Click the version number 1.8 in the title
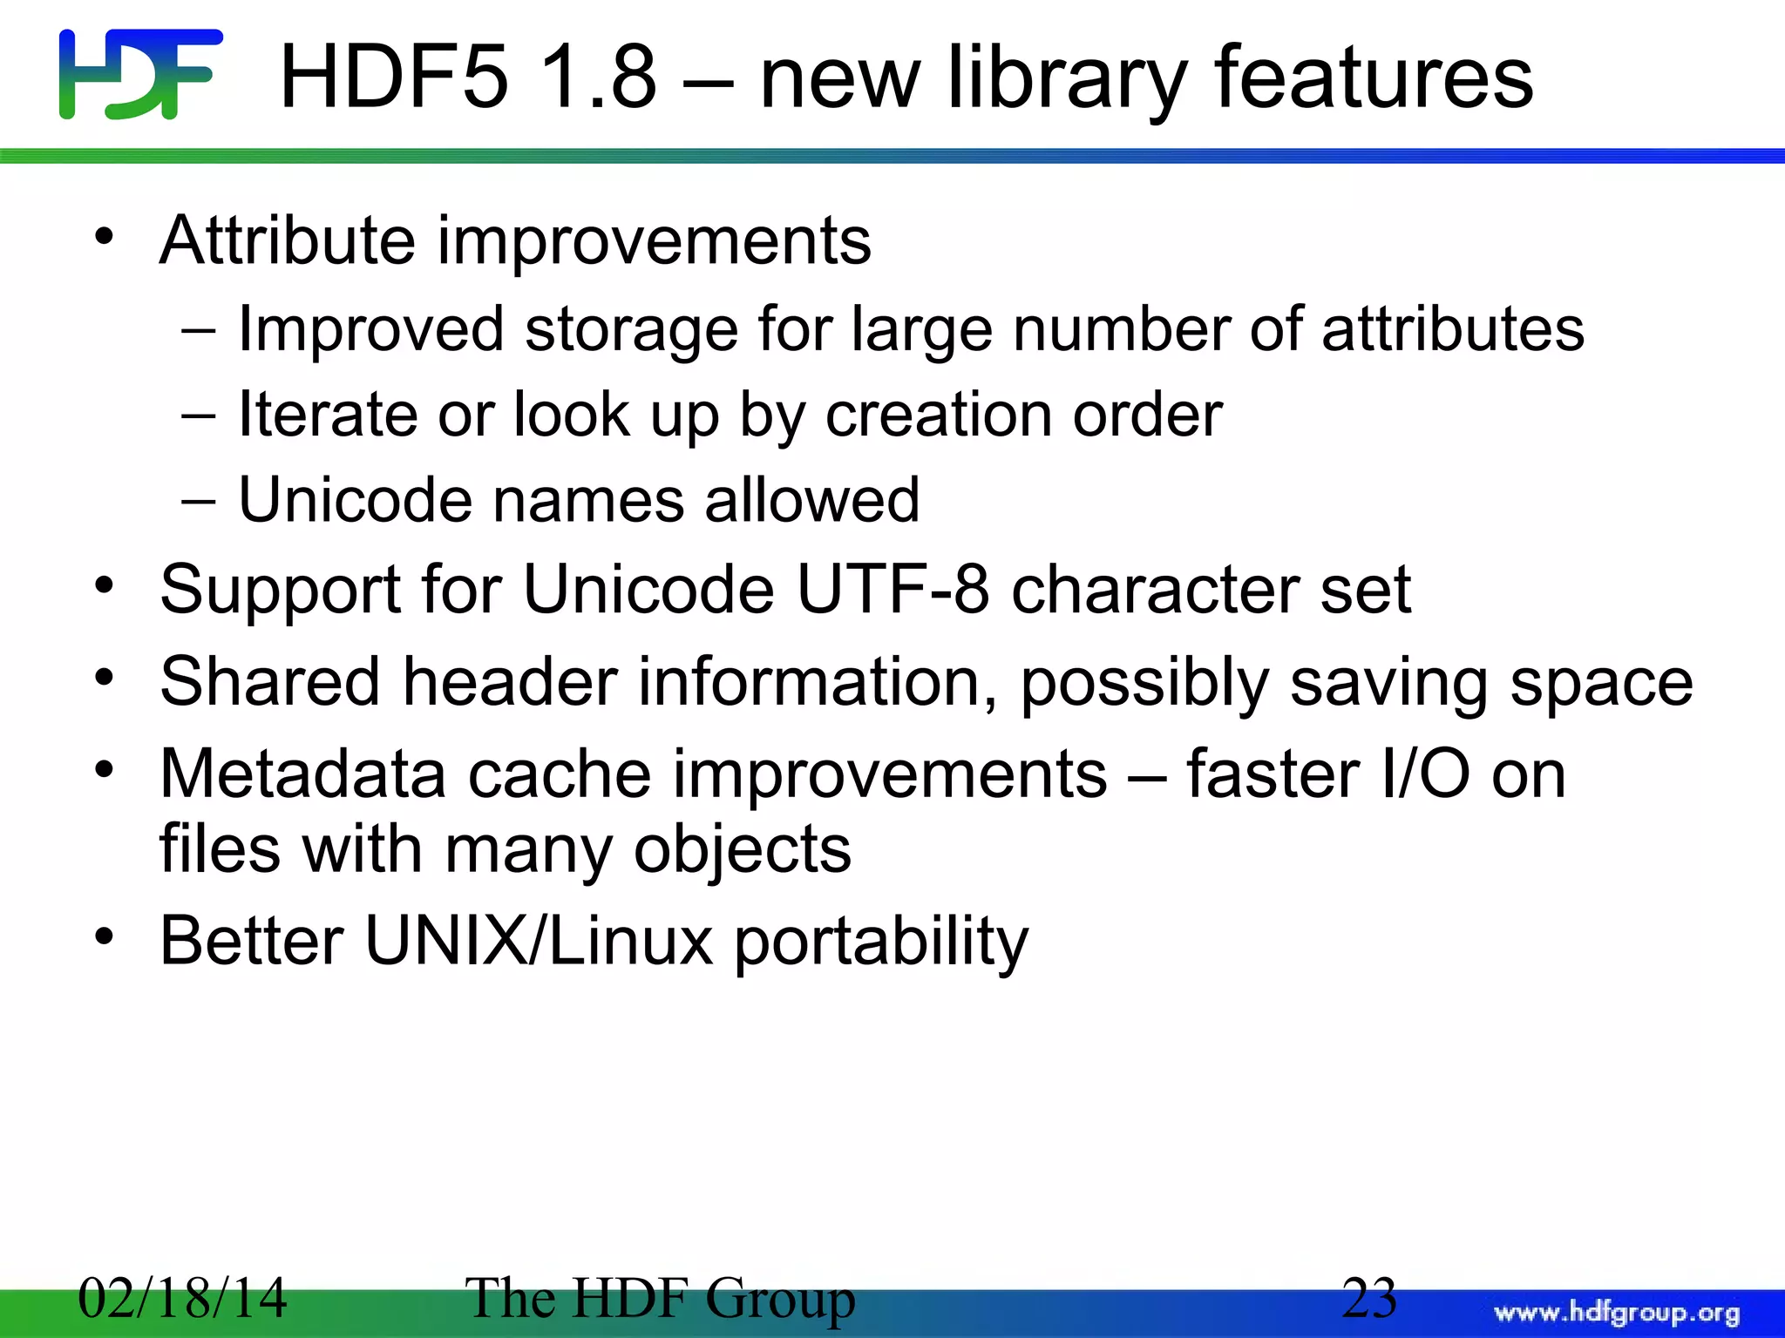[x=597, y=78]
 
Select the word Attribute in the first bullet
[x=288, y=240]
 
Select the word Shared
[x=270, y=681]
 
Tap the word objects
[x=742, y=850]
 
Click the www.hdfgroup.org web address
[x=1617, y=1313]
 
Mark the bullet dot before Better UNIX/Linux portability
[x=105, y=937]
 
